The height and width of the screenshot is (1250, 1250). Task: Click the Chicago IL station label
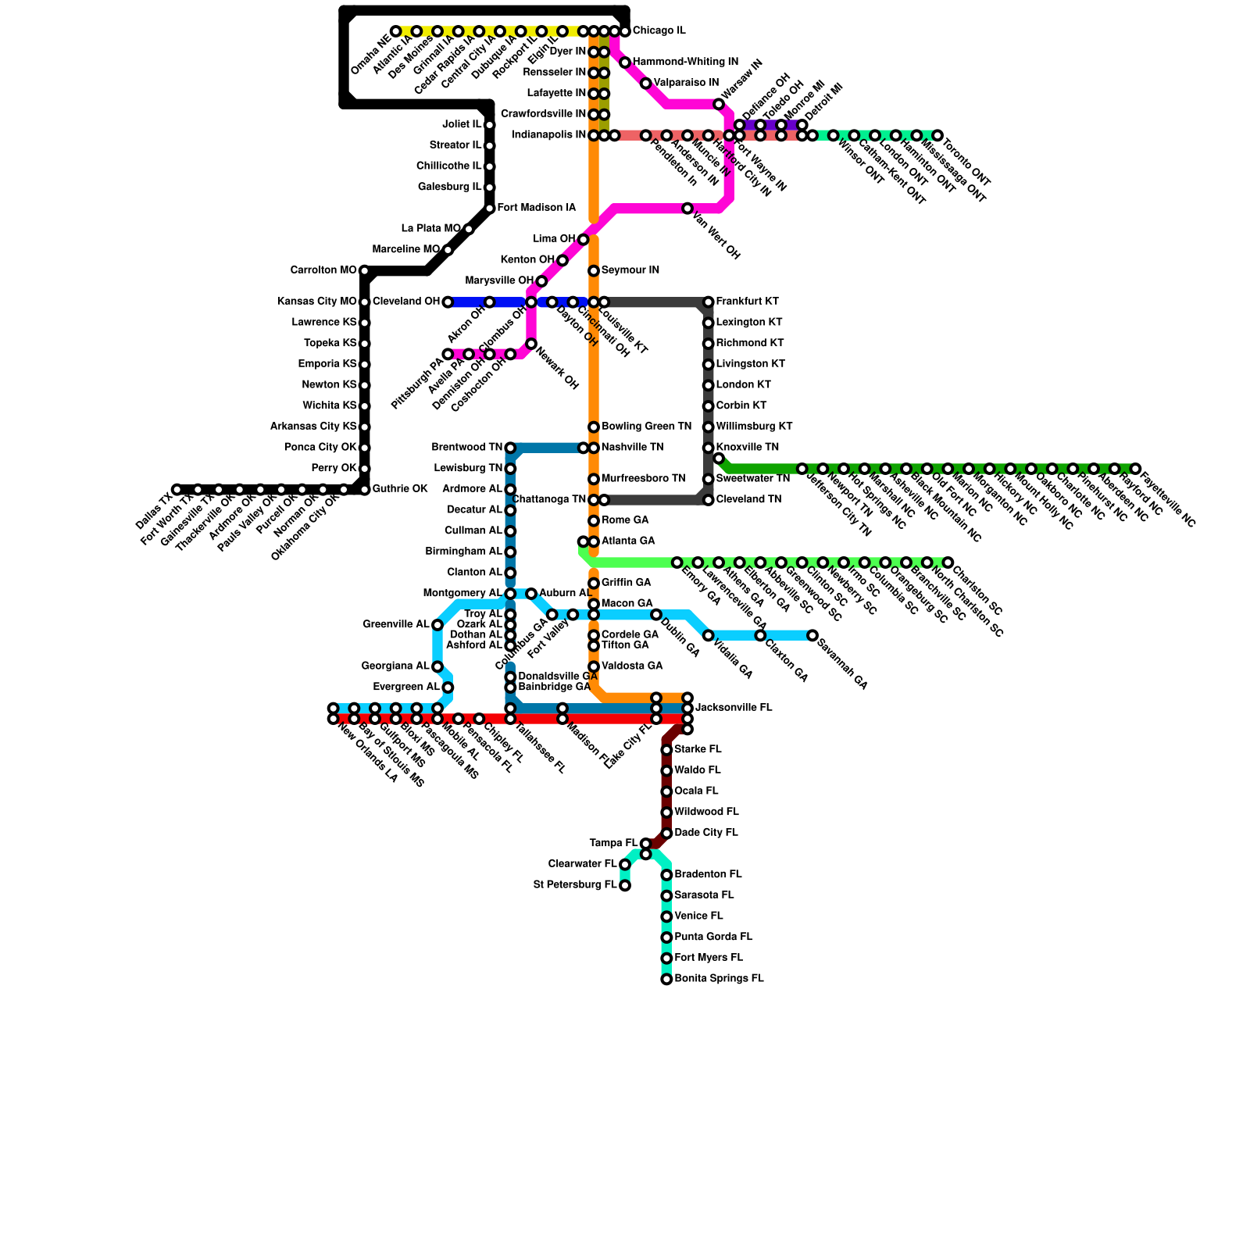click(x=659, y=31)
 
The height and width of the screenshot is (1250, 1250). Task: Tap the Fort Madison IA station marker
click(x=490, y=209)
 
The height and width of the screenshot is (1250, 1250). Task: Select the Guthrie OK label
click(x=399, y=490)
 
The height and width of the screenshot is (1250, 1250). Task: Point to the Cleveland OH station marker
click(x=448, y=302)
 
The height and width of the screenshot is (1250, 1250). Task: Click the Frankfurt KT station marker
click(x=709, y=302)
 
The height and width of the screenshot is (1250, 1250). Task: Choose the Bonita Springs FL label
click(x=719, y=979)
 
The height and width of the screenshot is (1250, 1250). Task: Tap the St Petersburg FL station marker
click(x=625, y=886)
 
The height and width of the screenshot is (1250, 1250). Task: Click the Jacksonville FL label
click(x=734, y=709)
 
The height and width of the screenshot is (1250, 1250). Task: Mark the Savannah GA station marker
click(x=812, y=636)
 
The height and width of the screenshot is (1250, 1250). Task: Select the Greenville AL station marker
click(x=437, y=625)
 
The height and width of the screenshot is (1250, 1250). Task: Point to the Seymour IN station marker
click(x=594, y=271)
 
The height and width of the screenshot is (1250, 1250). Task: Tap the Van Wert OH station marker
click(x=687, y=209)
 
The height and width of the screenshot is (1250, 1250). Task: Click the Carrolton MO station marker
click(x=365, y=271)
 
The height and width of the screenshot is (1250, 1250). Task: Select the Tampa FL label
click(x=613, y=844)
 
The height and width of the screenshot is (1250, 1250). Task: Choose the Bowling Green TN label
click(x=646, y=427)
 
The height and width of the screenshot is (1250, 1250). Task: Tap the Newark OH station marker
click(x=531, y=344)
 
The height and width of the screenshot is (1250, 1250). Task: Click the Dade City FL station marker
click(x=666, y=834)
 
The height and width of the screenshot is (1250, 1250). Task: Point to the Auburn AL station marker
click(x=531, y=595)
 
